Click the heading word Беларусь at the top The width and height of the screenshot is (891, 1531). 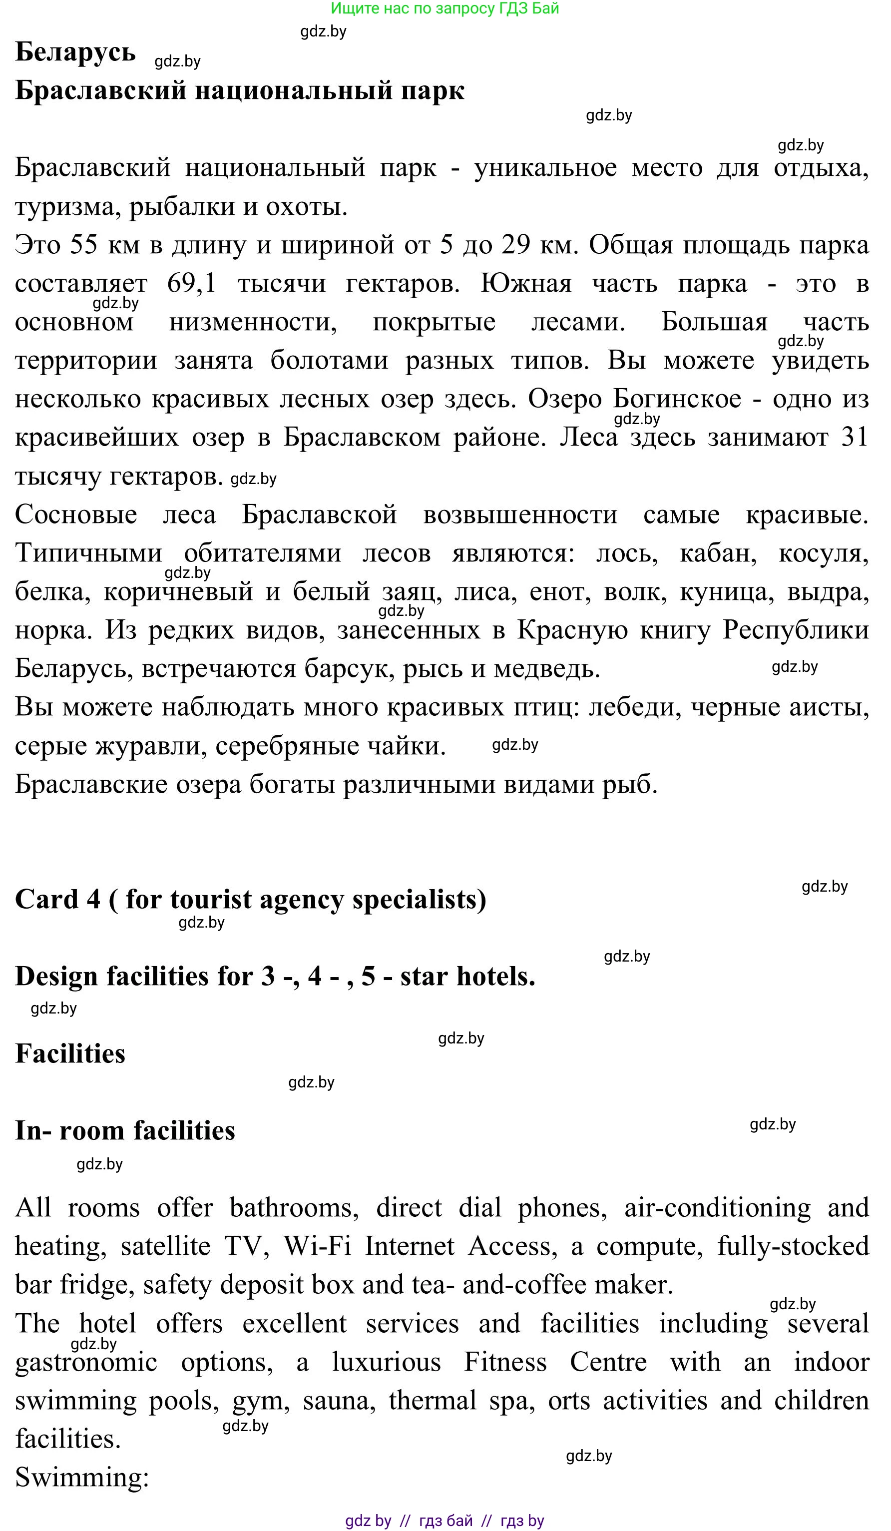[75, 52]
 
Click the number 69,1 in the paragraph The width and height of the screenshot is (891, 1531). [192, 284]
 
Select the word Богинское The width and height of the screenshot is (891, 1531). [677, 399]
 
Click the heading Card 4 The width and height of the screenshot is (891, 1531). [58, 899]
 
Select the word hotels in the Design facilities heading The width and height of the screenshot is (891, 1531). [495, 977]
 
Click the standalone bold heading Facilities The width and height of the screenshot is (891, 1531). [70, 1053]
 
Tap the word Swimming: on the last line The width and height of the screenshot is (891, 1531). [82, 1478]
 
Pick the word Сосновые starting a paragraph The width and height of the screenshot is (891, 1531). [76, 514]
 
